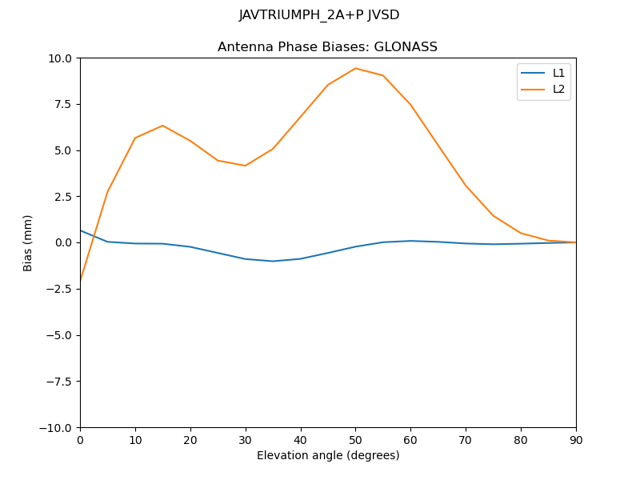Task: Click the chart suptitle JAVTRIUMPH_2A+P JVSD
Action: [x=319, y=15]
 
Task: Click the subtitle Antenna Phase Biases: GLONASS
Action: [x=327, y=47]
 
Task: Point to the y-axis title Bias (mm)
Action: [x=28, y=242]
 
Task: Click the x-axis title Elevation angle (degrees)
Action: [x=328, y=456]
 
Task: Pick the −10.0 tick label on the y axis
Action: [x=56, y=427]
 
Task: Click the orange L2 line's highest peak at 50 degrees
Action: [x=355, y=68]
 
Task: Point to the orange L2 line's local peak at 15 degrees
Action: [x=162, y=126]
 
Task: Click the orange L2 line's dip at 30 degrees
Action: [x=246, y=166]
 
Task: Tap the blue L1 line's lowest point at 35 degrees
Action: [x=273, y=261]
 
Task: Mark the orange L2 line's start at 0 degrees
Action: [x=81, y=280]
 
